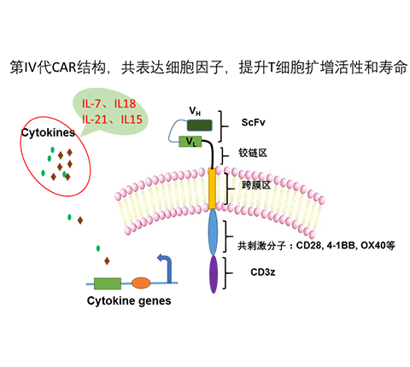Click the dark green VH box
tap(199, 125)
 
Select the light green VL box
tap(190, 142)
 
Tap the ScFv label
tap(253, 122)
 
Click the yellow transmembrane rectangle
tap(212, 189)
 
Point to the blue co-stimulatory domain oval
tap(213, 232)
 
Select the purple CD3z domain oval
tap(214, 274)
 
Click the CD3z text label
tap(263, 272)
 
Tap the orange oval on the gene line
tap(141, 283)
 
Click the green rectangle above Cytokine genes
tap(108, 283)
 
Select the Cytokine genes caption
tap(129, 300)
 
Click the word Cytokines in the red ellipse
tap(48, 133)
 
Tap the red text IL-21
tap(94, 119)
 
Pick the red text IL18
tap(125, 104)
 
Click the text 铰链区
tap(253, 153)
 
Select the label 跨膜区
tap(256, 185)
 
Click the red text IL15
tap(132, 119)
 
